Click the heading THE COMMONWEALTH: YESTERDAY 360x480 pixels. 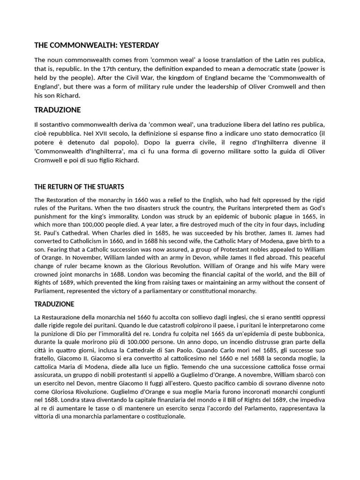coord(97,45)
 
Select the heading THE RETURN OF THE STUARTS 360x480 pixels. coord(79,187)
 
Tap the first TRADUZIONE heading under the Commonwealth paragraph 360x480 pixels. coord(57,110)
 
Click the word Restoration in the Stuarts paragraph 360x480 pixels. coord(64,200)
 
